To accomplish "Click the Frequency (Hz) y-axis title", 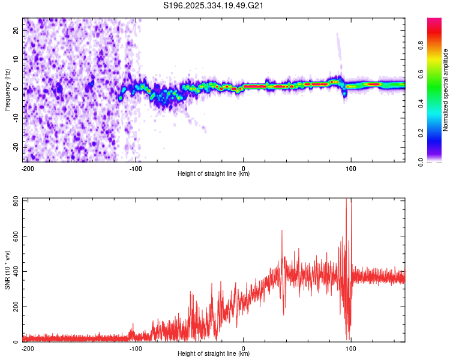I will pos(7,90).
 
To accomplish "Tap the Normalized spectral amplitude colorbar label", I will pos(446,90).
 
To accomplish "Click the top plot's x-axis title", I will pos(214,174).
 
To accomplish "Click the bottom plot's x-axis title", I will pos(214,354).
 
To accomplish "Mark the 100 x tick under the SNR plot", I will pos(350,348).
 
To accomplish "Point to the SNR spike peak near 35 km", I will pos(281,230).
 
